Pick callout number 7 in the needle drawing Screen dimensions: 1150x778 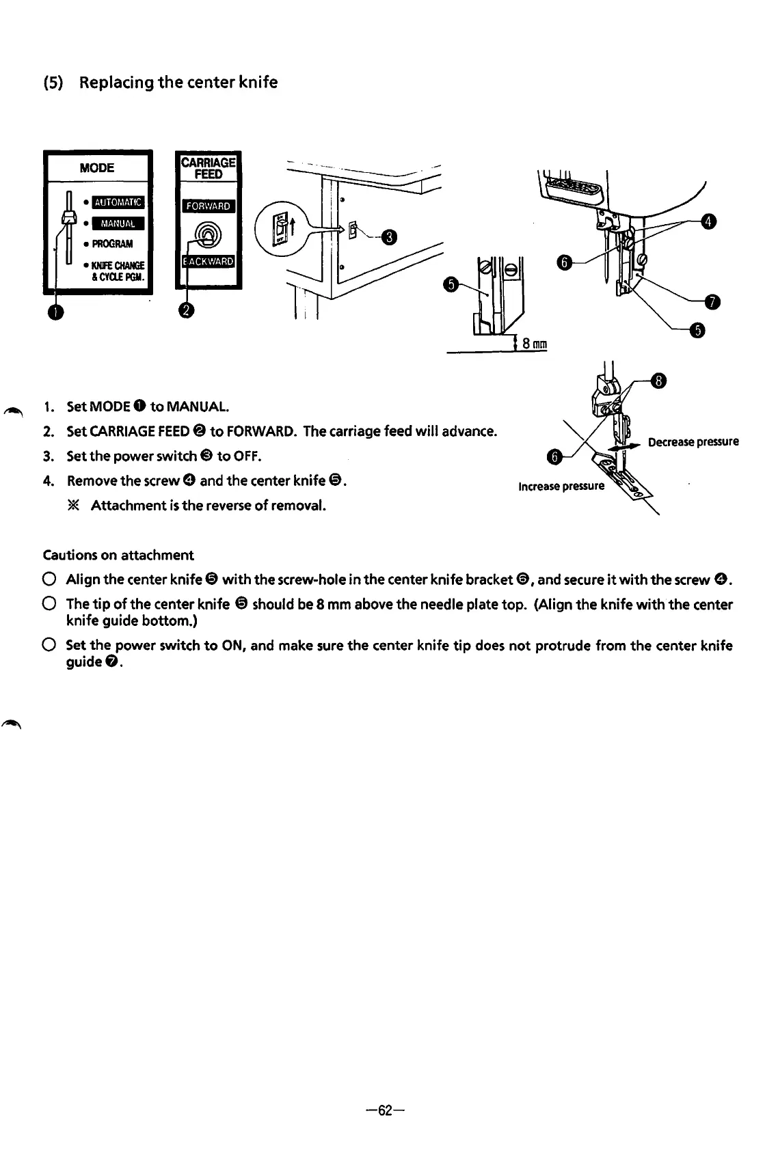click(712, 301)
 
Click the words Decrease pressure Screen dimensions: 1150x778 click(693, 441)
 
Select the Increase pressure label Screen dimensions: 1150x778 click(561, 486)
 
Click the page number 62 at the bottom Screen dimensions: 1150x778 click(386, 1110)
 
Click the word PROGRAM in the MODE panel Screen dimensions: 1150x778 click(113, 244)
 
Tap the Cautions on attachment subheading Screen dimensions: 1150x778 click(118, 555)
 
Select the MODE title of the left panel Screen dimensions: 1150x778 click(97, 168)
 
